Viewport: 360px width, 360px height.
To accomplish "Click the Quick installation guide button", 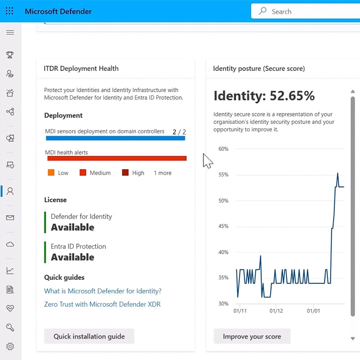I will (x=89, y=336).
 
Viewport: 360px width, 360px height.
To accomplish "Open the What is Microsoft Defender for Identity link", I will (x=103, y=291).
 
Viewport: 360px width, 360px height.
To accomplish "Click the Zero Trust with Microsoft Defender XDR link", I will (x=102, y=304).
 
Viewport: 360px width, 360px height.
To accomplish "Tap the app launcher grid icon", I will (x=9, y=11).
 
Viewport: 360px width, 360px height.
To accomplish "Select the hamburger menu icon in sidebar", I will (x=10, y=32).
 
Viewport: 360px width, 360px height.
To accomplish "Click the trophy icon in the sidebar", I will (x=10, y=55).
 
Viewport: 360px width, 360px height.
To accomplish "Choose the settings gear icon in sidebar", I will (x=10, y=346).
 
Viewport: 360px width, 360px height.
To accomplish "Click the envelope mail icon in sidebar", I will (x=10, y=218).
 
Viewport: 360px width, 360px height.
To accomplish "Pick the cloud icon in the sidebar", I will (x=10, y=244).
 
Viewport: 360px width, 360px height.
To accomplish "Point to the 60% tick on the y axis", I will (x=223, y=149).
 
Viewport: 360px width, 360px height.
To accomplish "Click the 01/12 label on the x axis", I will (x=276, y=311).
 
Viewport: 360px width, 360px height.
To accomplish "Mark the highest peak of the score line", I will (x=337, y=173).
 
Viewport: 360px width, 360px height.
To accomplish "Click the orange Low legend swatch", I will (x=51, y=173).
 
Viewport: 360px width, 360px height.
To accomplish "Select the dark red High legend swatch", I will (x=125, y=173).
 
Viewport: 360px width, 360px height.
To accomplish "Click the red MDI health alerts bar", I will (x=117, y=158).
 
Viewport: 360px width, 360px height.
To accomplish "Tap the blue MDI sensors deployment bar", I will (x=115, y=138).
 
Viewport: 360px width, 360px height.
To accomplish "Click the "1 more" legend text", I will (x=162, y=173).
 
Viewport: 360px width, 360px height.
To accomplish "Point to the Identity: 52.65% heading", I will (x=264, y=96).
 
